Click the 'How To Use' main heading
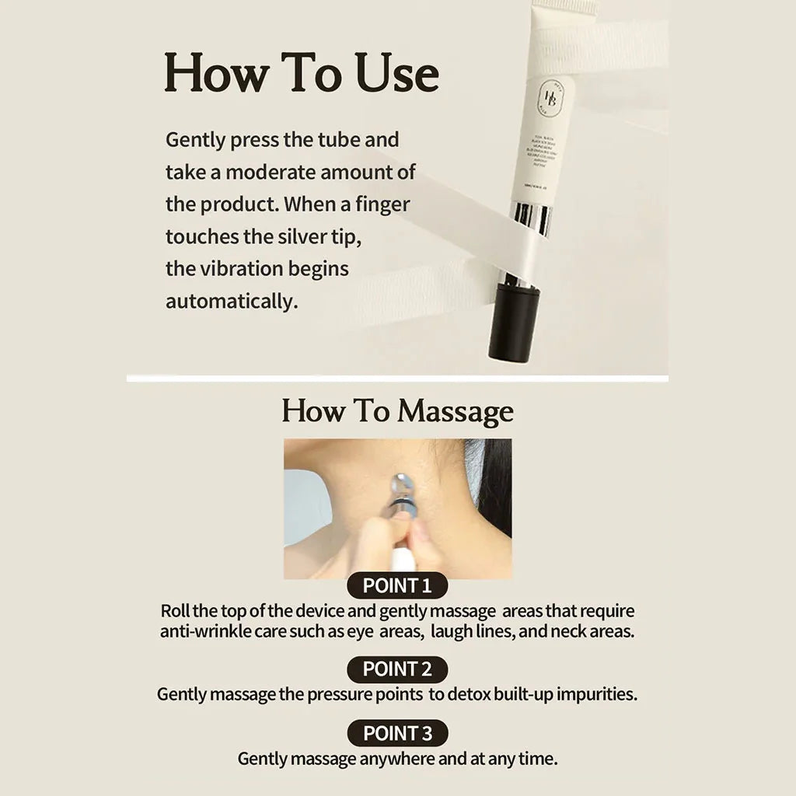302,74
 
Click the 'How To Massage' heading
397,411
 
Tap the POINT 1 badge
397,585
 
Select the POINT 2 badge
397,669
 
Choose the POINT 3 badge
397,733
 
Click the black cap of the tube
513,325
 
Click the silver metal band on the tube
530,218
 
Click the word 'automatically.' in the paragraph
232,302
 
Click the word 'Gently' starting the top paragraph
195,141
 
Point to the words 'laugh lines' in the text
469,631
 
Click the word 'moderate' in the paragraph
271,173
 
